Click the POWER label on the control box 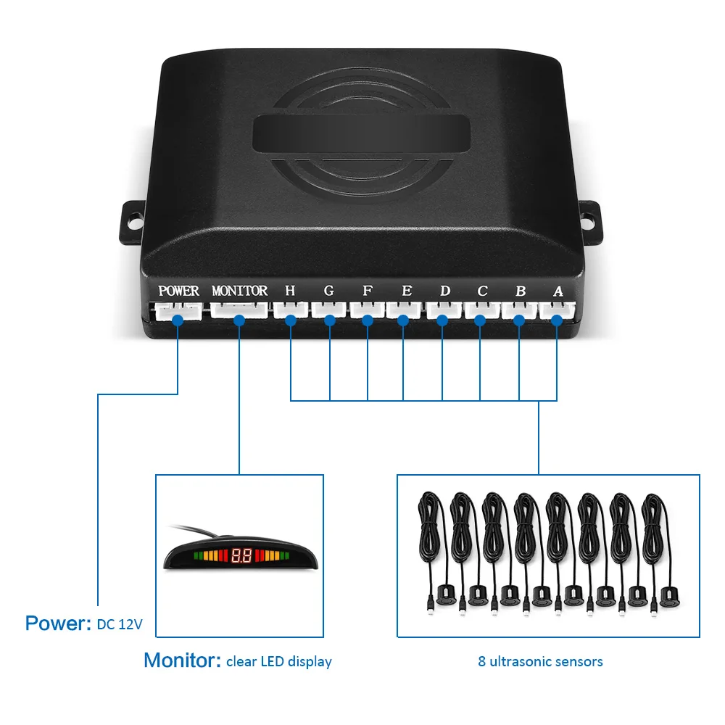178,291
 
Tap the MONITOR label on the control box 239,291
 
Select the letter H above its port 290,291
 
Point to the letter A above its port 558,291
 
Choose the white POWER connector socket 178,312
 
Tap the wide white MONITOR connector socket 239,312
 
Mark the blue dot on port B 519,318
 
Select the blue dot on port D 442,318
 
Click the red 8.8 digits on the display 241,557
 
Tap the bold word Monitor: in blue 182,660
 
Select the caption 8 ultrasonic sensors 540,661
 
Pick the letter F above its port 368,291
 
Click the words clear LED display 278,661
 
